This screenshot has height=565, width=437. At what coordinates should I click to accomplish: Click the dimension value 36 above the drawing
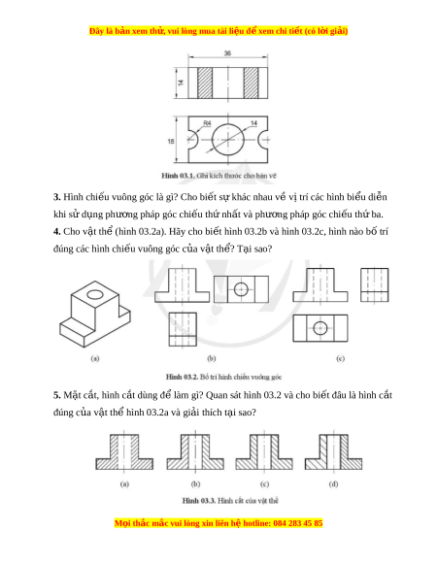point(227,53)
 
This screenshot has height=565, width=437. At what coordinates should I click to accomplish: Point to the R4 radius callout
point(207,123)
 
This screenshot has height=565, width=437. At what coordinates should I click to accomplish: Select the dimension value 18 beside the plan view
point(171,142)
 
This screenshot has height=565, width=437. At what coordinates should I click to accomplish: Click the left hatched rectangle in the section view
point(205,83)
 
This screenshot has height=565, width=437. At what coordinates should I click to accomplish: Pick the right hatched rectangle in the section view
point(251,83)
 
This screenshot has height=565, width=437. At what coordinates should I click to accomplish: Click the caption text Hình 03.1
point(178,176)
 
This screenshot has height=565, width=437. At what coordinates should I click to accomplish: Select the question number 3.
point(56,197)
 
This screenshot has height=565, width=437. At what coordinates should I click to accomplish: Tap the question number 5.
point(56,395)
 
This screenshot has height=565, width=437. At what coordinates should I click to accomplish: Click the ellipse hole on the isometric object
point(95,295)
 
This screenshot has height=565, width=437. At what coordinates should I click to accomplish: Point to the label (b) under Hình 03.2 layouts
point(212,358)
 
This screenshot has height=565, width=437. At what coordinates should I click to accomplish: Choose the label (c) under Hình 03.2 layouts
point(340,358)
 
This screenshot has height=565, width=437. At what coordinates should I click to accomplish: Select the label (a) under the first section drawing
point(124,483)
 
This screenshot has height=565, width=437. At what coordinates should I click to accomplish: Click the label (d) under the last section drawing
point(333,483)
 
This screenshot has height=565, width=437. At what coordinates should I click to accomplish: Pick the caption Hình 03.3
point(199,501)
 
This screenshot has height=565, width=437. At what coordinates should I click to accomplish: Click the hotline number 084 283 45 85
point(298,523)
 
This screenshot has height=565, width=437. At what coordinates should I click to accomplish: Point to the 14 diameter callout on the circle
point(253,123)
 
